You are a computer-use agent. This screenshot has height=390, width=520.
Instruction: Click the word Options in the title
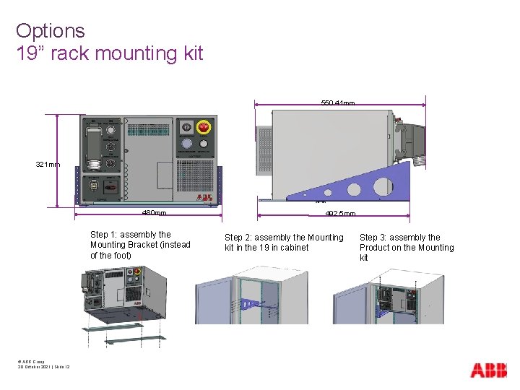(x=50, y=31)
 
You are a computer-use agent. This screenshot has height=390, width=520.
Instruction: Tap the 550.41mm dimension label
(x=337, y=104)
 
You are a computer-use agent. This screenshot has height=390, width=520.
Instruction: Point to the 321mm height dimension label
(x=48, y=165)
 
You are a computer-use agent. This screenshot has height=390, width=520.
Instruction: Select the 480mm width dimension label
(x=154, y=213)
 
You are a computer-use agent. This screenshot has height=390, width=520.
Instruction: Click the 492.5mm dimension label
(x=339, y=214)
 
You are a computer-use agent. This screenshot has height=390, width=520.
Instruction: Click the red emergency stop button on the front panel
(x=204, y=127)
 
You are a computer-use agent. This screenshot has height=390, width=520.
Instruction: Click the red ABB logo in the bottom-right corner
(x=489, y=370)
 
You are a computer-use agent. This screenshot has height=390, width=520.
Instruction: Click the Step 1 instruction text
(x=140, y=245)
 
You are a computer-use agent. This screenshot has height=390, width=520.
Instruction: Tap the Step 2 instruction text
(x=284, y=243)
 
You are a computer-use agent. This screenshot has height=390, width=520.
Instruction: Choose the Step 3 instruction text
(x=407, y=248)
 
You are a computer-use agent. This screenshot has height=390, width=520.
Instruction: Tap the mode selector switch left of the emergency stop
(x=186, y=127)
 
